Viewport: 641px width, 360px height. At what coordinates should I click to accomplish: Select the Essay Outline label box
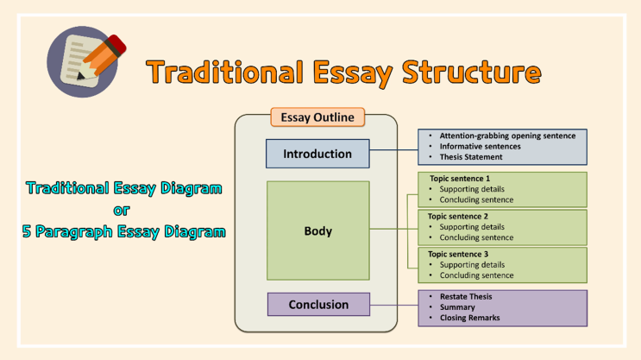pyautogui.click(x=317, y=117)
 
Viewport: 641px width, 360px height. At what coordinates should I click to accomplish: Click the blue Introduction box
pyautogui.click(x=317, y=154)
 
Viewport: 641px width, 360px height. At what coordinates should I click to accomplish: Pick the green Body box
pyautogui.click(x=317, y=231)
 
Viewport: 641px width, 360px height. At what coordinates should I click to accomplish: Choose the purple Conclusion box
pyautogui.click(x=318, y=304)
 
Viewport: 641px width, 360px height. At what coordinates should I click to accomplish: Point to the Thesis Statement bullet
pyautogui.click(x=470, y=157)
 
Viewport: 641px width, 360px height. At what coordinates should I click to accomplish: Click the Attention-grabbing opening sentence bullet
pyautogui.click(x=507, y=136)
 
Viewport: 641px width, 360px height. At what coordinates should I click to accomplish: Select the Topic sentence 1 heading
pyautogui.click(x=459, y=179)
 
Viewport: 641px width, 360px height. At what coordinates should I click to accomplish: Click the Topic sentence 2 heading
pyautogui.click(x=459, y=216)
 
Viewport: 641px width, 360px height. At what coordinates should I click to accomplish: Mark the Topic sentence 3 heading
pyautogui.click(x=459, y=254)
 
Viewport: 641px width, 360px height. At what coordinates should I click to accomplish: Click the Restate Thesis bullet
pyautogui.click(x=466, y=297)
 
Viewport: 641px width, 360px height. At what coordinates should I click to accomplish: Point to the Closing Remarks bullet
pyautogui.click(x=469, y=318)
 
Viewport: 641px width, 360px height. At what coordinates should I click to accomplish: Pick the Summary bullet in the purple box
pyautogui.click(x=457, y=307)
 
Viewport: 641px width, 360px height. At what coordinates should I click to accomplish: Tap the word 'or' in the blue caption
pyautogui.click(x=123, y=209)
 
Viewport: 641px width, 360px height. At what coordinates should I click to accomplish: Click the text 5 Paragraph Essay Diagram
pyautogui.click(x=124, y=231)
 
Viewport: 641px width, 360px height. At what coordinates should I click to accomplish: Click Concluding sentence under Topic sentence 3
pyautogui.click(x=476, y=275)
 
